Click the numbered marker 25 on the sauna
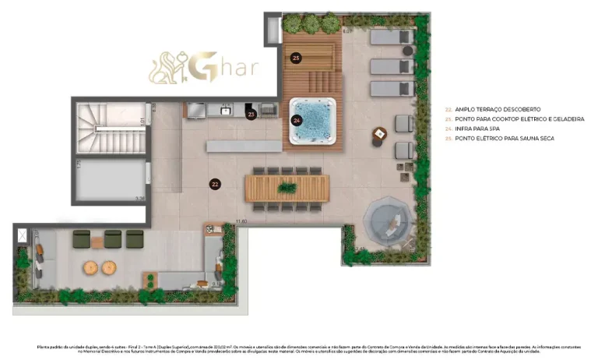click(295, 58)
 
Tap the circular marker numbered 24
click(297, 120)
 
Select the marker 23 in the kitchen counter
click(251, 115)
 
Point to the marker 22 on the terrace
click(214, 185)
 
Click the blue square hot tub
click(314, 120)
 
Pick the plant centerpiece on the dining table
click(287, 188)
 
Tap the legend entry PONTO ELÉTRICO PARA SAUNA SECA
click(504, 138)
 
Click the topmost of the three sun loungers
click(392, 37)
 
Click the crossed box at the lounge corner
click(23, 234)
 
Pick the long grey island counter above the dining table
click(244, 146)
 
